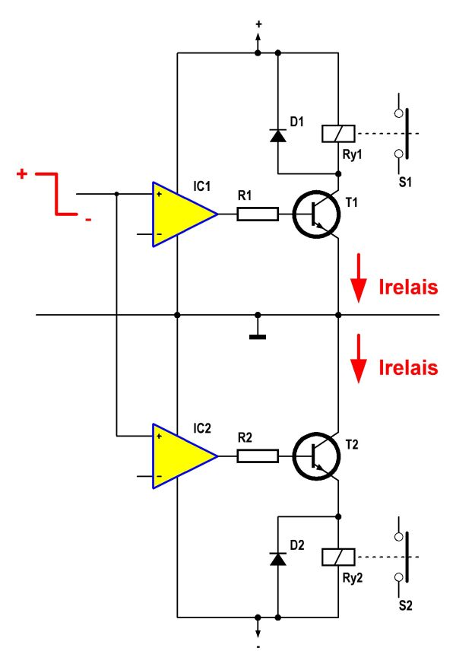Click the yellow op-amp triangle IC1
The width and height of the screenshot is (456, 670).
[x=179, y=214]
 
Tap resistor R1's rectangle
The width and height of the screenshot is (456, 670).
[x=257, y=214]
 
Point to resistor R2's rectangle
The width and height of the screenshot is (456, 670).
[x=257, y=456]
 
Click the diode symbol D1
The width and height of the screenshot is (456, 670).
[x=278, y=136]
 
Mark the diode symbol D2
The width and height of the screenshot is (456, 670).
[x=278, y=558]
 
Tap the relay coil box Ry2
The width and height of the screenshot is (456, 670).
[x=336, y=557]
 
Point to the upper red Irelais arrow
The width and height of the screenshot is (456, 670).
[x=357, y=287]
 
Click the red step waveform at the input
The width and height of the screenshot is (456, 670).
[x=57, y=194]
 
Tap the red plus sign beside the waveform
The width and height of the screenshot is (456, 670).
[x=22, y=174]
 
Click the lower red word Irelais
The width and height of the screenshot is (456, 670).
[x=408, y=368]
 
